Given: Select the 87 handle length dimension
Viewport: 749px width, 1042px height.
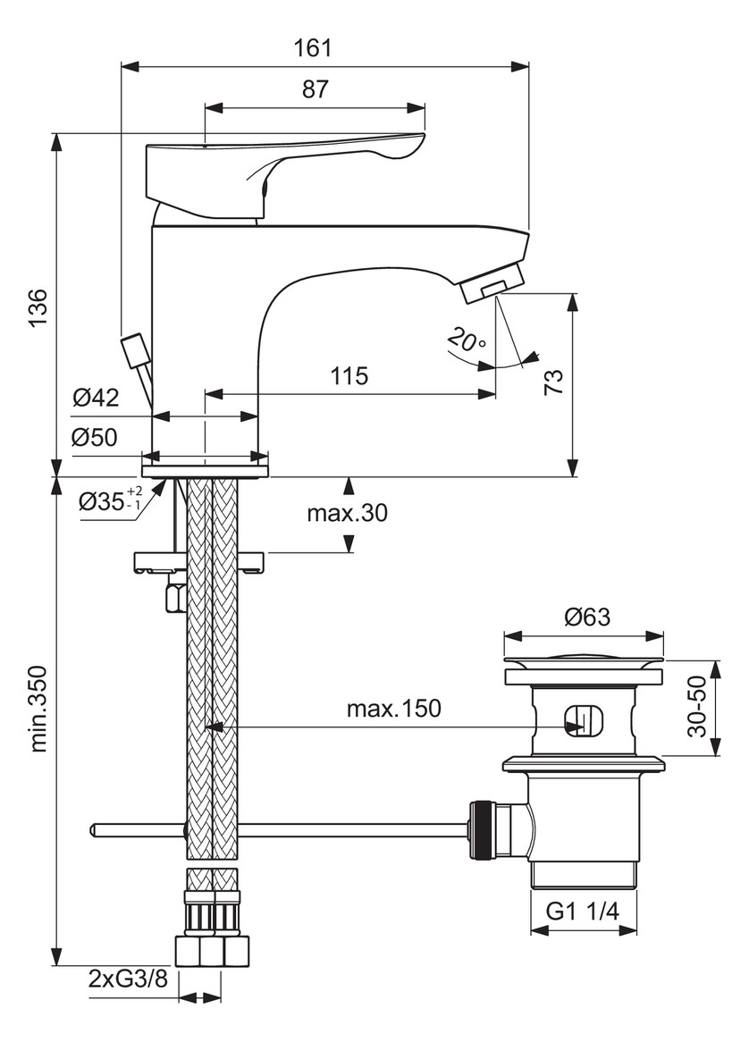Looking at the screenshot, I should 315,89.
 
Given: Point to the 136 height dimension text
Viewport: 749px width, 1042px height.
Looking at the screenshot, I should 38,307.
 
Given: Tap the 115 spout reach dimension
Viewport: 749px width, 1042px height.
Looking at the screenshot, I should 349,375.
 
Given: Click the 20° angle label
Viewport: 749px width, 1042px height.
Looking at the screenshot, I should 467,340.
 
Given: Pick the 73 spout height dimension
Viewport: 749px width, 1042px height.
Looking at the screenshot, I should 553,382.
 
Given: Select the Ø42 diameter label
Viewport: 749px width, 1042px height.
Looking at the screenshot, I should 97,399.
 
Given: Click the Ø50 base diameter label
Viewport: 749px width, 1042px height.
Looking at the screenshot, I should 97,439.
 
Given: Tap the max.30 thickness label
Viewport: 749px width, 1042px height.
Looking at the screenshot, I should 347,513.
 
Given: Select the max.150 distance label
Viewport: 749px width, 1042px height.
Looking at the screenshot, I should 393,709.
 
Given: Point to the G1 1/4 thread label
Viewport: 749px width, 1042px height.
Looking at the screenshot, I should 583,911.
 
